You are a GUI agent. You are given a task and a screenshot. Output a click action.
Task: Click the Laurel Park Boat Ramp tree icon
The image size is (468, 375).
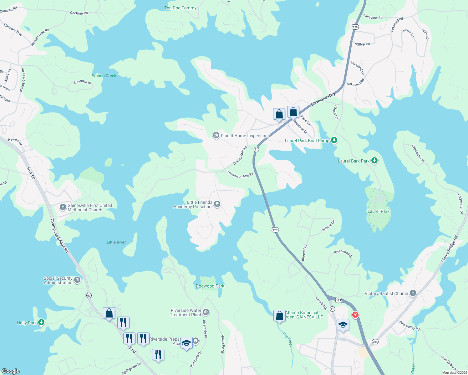point(334,140)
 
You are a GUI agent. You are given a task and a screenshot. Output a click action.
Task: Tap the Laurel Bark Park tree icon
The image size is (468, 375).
point(374,161)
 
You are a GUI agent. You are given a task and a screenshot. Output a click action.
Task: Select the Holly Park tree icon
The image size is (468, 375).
point(41,322)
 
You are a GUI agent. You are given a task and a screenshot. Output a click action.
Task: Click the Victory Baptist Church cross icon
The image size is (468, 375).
point(413,293)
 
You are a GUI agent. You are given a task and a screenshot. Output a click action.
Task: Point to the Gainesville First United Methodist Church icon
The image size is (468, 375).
point(63,207)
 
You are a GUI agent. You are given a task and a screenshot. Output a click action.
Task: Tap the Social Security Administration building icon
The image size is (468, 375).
point(77,280)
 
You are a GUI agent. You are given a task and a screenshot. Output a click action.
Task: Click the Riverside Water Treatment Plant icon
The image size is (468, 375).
point(206,312)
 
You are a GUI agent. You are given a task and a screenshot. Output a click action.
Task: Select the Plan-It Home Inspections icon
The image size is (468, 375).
point(216,135)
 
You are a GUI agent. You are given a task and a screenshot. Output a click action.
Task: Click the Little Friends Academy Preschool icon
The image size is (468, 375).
point(217,204)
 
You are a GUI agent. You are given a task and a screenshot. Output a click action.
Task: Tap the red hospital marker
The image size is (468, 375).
point(355,315)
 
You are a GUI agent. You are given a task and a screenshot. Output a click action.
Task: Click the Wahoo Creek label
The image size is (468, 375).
point(104,76)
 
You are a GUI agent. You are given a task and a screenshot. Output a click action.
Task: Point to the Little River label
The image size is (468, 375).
point(116,242)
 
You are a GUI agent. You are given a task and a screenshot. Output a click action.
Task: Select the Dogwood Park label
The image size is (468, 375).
point(210,286)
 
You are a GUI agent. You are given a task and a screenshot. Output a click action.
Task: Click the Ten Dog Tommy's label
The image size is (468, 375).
point(182,8)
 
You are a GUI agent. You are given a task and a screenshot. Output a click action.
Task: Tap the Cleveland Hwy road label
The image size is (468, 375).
point(323,99)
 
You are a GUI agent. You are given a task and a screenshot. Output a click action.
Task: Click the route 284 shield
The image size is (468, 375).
point(375,342)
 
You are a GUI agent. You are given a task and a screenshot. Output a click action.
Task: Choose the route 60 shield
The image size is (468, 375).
point(89,295)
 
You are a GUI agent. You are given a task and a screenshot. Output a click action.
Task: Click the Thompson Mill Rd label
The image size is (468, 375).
point(240,175)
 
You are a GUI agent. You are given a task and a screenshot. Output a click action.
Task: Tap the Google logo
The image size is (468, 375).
point(11,371)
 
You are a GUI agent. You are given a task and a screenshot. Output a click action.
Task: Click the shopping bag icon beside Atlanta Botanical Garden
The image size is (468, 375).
point(279,316)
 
